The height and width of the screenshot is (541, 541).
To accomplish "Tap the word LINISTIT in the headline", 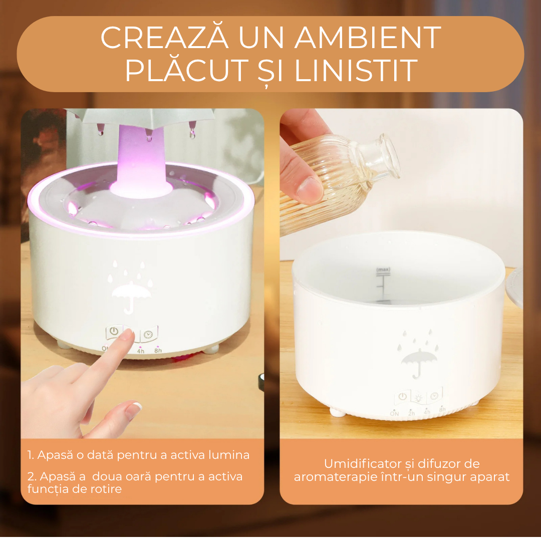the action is (356, 71).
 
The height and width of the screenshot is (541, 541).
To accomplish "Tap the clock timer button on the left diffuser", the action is (148, 334).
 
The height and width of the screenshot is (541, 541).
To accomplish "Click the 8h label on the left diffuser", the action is (158, 351).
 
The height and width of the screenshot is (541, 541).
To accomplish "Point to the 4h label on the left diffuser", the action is (141, 351).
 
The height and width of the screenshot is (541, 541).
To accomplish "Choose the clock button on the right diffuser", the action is (434, 396).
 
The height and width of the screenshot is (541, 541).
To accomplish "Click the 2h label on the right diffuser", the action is (412, 413).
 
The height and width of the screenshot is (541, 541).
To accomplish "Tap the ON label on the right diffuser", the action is (394, 413).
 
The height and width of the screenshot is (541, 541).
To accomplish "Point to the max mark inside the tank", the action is (383, 270).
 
